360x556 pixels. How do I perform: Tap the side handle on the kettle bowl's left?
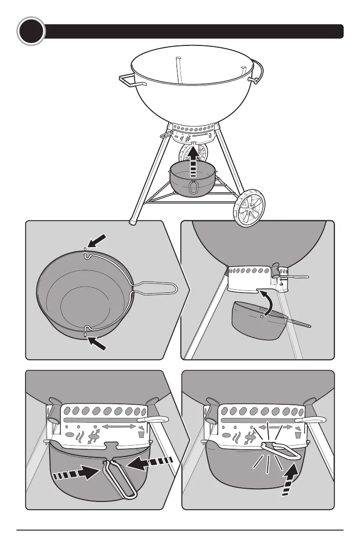pyautogui.click(x=131, y=80)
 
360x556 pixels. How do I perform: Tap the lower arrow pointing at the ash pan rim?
pyautogui.click(x=98, y=342)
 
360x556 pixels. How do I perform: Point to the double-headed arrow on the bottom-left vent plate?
pyautogui.click(x=120, y=426)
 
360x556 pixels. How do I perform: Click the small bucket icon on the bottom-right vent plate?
pyautogui.click(x=298, y=434)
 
